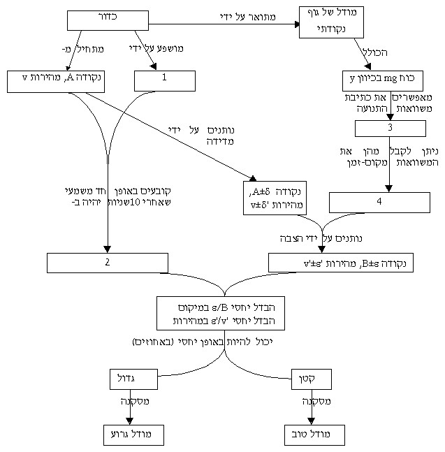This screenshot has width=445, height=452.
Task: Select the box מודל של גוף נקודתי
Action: tap(333, 22)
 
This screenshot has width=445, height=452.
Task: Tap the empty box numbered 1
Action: tap(164, 80)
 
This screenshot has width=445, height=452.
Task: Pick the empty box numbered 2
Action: tap(108, 263)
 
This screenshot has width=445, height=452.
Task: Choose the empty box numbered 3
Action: tap(390, 129)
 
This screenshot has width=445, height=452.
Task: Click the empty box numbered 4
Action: tap(379, 202)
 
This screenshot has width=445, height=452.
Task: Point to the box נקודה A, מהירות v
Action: tap(55, 80)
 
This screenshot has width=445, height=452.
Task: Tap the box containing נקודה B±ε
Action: tap(341, 263)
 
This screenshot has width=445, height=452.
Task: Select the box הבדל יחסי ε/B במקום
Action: tap(223, 314)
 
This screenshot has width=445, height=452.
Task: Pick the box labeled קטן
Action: tap(311, 379)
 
